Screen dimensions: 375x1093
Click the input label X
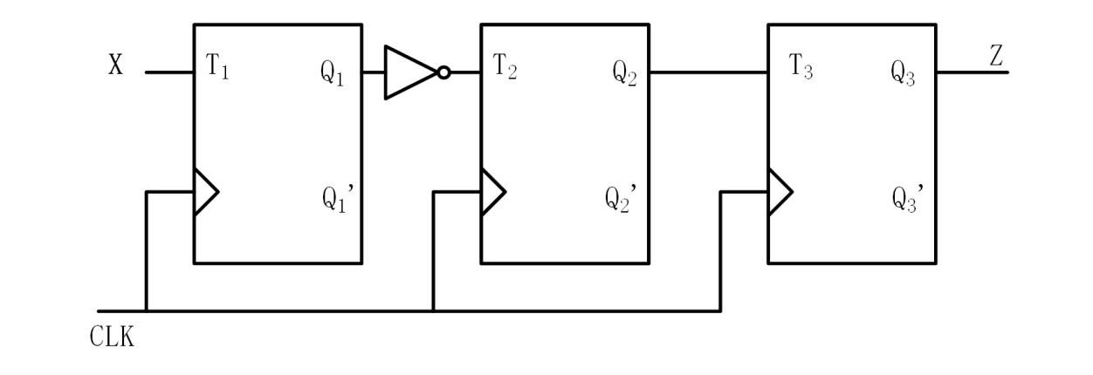point(115,66)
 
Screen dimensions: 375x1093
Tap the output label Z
point(996,58)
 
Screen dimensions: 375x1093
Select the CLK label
point(113,337)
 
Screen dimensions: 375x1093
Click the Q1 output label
point(333,75)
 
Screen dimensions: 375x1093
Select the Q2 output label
point(622,75)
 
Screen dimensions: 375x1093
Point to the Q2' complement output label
point(623,199)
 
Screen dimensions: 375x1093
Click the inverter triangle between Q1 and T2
point(408,72)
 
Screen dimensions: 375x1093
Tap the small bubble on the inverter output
point(443,72)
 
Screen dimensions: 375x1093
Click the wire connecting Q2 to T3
point(707,72)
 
